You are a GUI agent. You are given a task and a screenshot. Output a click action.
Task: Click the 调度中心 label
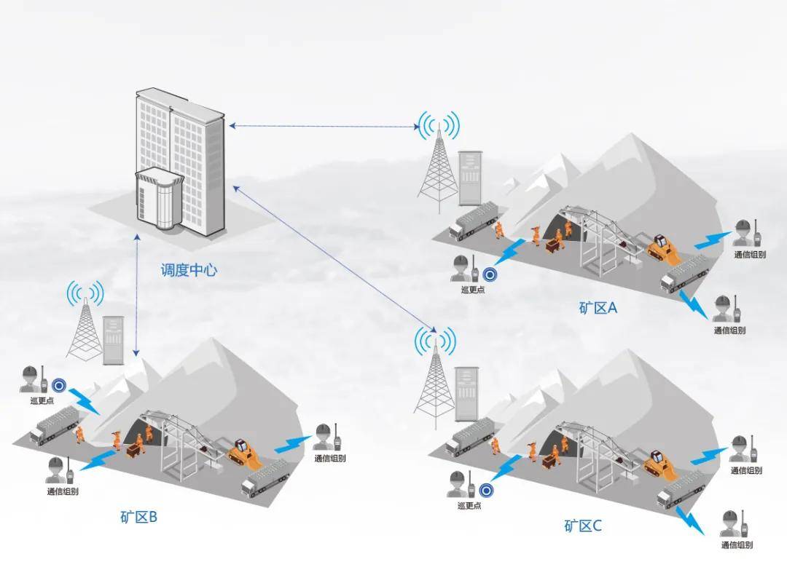coord(189,271)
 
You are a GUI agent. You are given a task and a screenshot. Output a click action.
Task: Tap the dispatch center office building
coord(178,164)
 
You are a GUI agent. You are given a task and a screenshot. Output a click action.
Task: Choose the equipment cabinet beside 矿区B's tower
coord(114,340)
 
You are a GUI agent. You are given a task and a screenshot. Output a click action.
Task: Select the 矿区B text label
coord(138,518)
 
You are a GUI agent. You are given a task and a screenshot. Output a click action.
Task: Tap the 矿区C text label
coord(583,526)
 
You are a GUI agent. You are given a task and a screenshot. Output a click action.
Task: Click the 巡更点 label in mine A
coord(472,290)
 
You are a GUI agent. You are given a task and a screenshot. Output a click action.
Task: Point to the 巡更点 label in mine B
coord(40,400)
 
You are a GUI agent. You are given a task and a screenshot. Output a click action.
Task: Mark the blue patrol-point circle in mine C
coord(486,491)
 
